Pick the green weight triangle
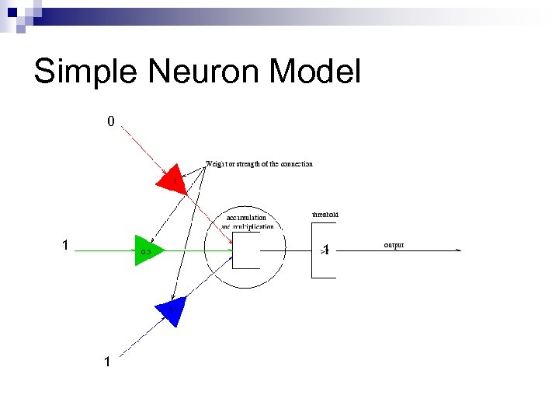coord(148,250)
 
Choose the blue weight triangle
coord(171,311)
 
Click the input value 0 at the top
coord(111,121)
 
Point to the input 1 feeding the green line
coord(66,246)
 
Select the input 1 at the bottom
coord(107,362)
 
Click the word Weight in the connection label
coord(216,164)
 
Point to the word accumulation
coord(246,218)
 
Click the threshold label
coord(325,214)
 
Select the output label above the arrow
coord(394,245)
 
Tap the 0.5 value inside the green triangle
coord(145,252)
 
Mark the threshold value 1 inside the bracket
coord(327,250)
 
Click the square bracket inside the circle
coord(245,251)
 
